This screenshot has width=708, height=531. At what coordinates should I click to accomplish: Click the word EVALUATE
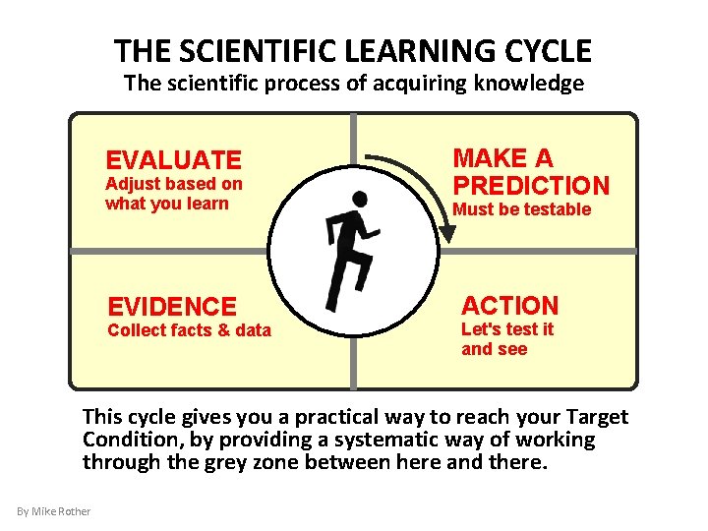(173, 160)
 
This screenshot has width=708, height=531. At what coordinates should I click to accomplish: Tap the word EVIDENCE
(172, 307)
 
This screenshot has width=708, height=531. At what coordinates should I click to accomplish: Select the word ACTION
(509, 306)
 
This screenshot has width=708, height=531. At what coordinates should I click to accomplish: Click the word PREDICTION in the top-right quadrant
(531, 185)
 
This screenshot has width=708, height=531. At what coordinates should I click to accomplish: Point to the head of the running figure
(360, 200)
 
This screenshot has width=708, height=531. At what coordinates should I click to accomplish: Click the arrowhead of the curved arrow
(448, 234)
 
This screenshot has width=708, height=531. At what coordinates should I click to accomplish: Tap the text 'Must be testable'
(521, 209)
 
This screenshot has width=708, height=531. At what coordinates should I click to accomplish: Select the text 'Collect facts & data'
(189, 330)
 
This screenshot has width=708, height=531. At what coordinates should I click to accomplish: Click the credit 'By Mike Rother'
(54, 510)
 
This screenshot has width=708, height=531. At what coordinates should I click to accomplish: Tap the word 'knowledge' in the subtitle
(532, 84)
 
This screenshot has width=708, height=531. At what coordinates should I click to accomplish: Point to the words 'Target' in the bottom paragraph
(593, 417)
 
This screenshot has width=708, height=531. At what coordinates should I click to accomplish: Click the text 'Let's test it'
(507, 329)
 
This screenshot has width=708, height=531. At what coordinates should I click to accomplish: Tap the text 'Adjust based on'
(174, 184)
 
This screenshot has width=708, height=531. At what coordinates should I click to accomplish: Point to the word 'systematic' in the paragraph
(418, 440)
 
